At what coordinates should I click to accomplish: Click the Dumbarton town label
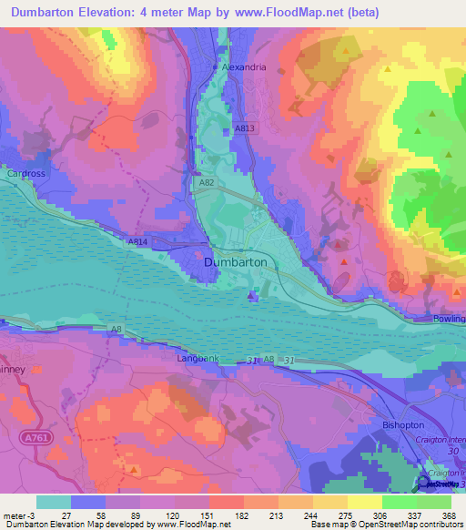click(x=236, y=261)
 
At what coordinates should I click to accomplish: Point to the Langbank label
click(x=198, y=360)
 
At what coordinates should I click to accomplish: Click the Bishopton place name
click(x=404, y=424)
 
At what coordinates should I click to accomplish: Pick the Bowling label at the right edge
click(x=449, y=319)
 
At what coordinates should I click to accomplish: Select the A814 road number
click(x=137, y=241)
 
